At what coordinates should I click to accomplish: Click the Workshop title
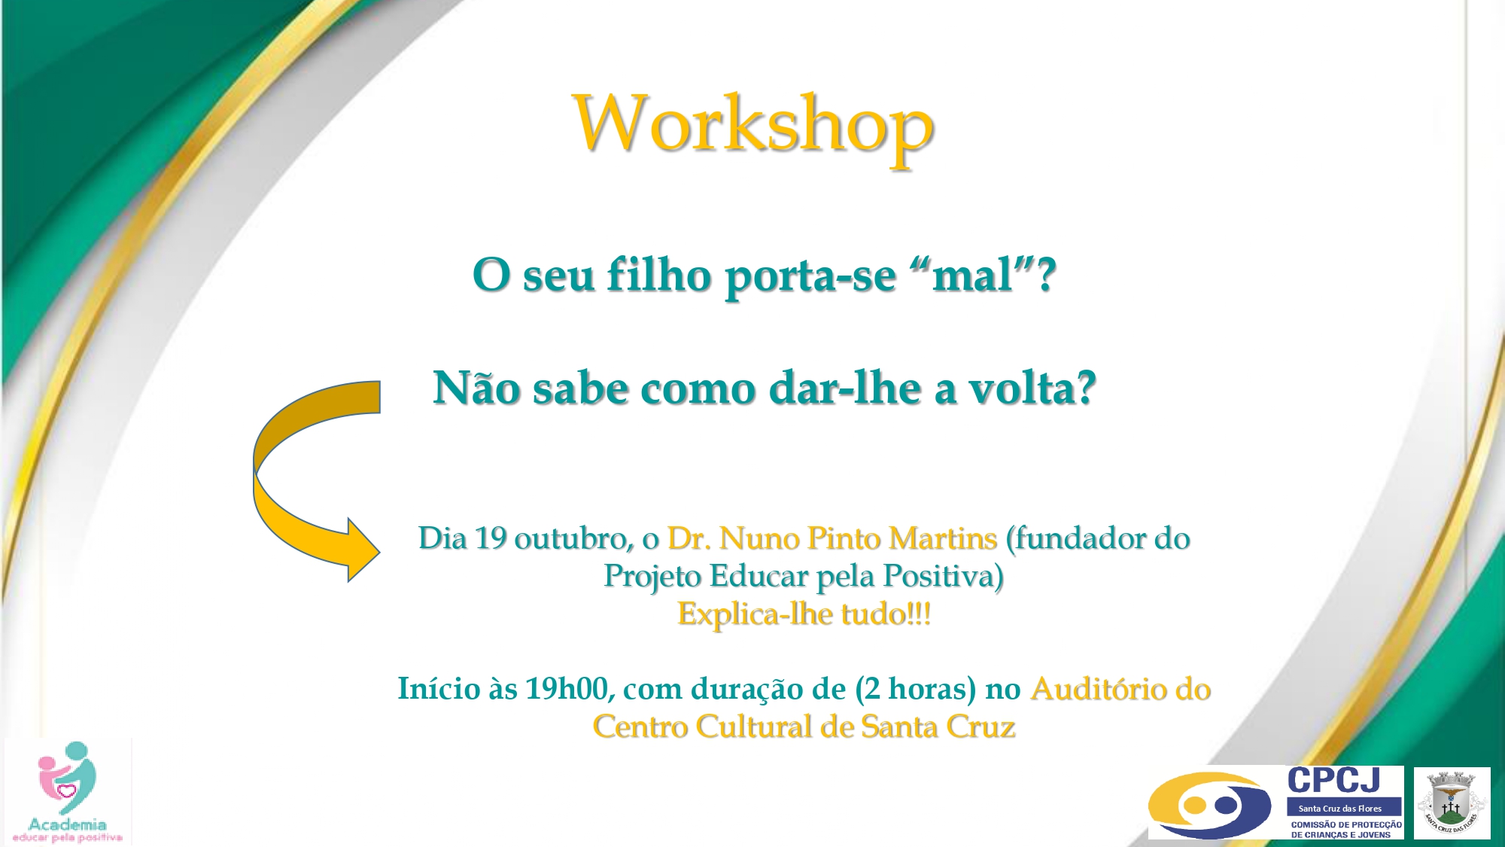pyautogui.click(x=753, y=126)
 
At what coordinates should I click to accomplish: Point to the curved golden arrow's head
pyautogui.click(x=364, y=550)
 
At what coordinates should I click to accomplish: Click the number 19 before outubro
pyautogui.click(x=491, y=538)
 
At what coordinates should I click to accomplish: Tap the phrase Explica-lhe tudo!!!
pyautogui.click(x=804, y=614)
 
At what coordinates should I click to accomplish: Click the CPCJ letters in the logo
pyautogui.click(x=1333, y=781)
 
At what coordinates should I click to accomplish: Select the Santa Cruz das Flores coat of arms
pyautogui.click(x=1452, y=803)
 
